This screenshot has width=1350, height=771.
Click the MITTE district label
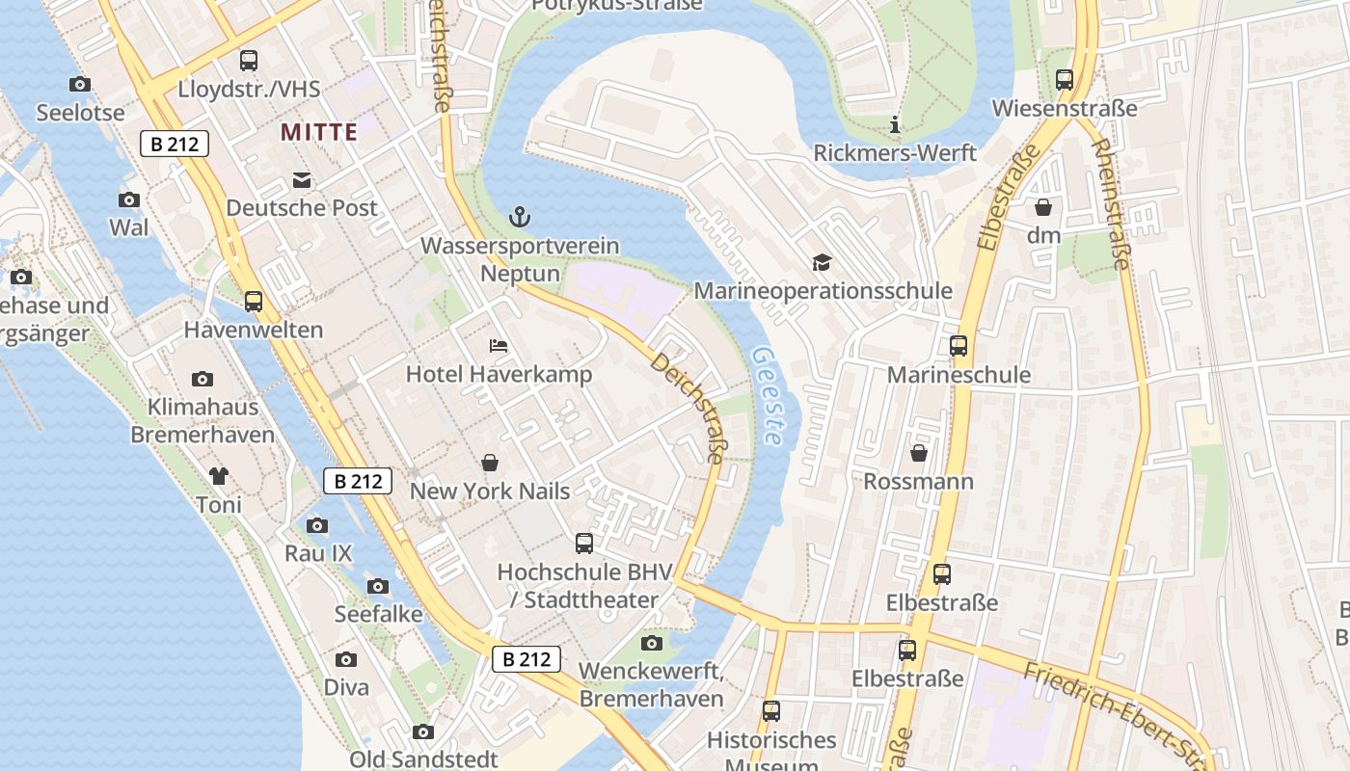319,132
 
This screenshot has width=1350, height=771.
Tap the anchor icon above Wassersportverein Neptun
520,217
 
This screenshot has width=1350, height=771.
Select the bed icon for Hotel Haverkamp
499,345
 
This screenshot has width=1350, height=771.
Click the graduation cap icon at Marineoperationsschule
822,262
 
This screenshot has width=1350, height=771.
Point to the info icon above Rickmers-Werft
895,124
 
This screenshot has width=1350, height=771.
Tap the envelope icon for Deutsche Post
302,179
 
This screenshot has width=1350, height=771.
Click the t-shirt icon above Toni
219,475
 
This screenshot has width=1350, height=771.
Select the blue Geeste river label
767,396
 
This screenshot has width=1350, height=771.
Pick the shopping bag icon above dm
1043,206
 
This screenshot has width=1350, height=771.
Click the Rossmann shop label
918,481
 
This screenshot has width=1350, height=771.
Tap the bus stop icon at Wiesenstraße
1065,80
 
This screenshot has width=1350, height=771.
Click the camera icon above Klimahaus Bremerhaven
202,379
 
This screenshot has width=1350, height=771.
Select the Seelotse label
81,113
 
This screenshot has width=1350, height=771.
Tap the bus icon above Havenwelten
254,302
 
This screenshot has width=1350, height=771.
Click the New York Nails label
490,491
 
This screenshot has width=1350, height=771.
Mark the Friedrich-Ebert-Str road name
1114,713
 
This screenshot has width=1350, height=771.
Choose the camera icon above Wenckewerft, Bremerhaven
652,643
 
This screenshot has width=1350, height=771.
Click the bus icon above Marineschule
958,346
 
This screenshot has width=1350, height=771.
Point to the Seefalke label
378,614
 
